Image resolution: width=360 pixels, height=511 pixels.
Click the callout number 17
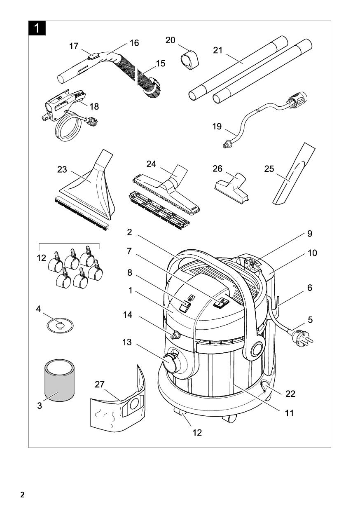[x=74, y=46]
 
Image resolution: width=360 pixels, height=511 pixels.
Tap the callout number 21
[x=218, y=50]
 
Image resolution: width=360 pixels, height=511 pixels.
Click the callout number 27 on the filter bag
[x=100, y=384]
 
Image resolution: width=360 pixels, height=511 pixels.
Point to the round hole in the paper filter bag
[x=133, y=405]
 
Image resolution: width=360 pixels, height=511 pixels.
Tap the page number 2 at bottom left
[x=23, y=495]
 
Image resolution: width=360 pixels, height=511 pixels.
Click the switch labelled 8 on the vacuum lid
[x=185, y=306]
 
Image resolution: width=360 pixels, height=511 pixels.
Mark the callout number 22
[x=290, y=394]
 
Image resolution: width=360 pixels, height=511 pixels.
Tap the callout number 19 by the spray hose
[x=217, y=127]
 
